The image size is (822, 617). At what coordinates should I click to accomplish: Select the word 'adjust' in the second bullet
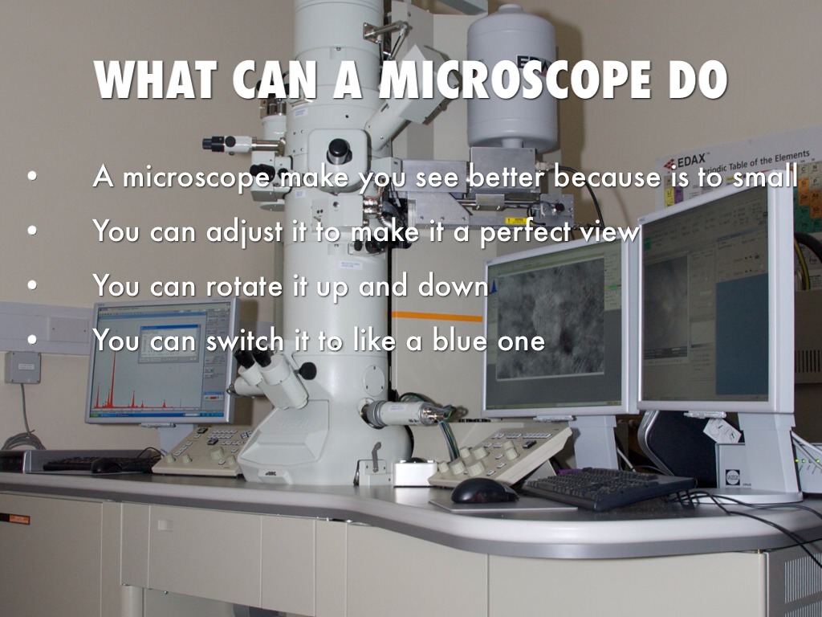pyautogui.click(x=244, y=231)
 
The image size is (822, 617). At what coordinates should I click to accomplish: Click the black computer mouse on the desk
pyautogui.click(x=484, y=491)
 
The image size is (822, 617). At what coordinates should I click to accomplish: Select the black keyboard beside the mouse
pyautogui.click(x=608, y=488)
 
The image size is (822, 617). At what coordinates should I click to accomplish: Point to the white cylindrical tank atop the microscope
pyautogui.click(x=512, y=76)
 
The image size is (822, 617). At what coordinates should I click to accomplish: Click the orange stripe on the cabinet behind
pyautogui.click(x=437, y=316)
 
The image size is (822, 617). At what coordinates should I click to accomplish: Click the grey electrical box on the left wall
pyautogui.click(x=22, y=367)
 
